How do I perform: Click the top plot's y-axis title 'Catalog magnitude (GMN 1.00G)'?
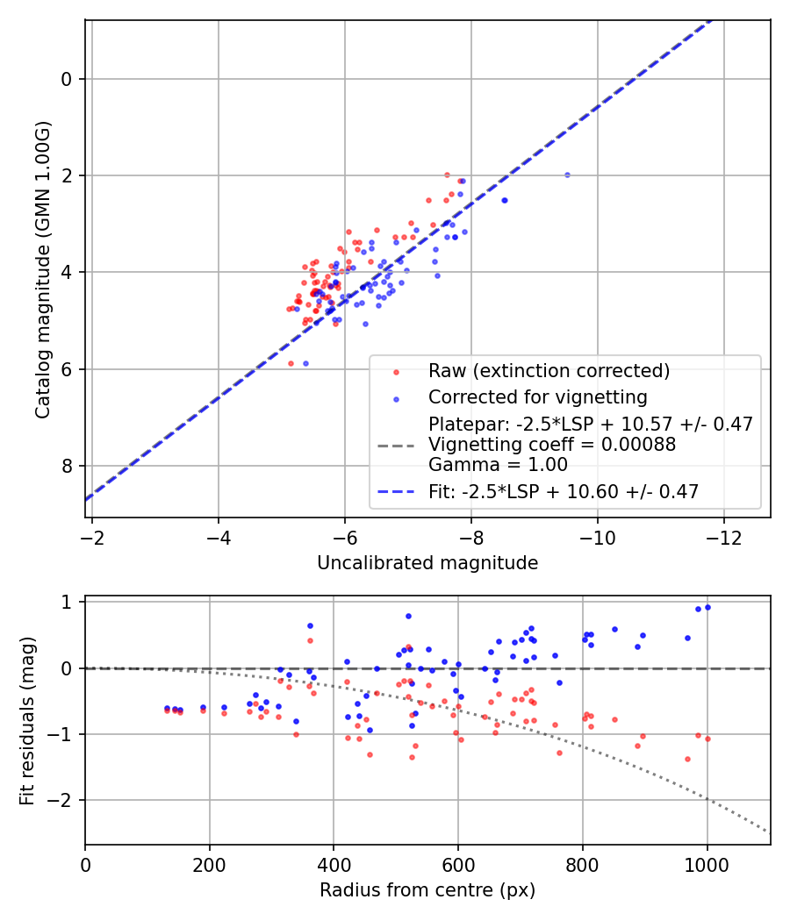coord(43,269)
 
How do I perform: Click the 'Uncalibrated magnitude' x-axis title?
coord(427,563)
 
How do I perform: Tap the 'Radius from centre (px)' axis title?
coord(427,890)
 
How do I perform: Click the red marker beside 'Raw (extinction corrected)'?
coord(396,372)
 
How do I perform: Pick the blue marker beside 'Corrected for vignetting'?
coord(396,398)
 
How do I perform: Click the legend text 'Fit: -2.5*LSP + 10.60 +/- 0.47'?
coord(564,492)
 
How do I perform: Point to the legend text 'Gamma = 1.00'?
coord(498,465)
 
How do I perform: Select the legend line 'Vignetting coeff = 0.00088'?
coord(552,445)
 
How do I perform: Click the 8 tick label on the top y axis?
coord(67,466)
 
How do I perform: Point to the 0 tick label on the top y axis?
coord(67,79)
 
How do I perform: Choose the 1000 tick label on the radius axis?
coord(707,863)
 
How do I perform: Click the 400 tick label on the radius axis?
coord(334,863)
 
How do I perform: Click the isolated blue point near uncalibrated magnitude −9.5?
coord(567,175)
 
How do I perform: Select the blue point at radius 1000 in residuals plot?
coord(707,607)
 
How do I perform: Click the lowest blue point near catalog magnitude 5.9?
coord(305,363)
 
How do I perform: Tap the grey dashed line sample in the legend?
coord(396,446)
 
